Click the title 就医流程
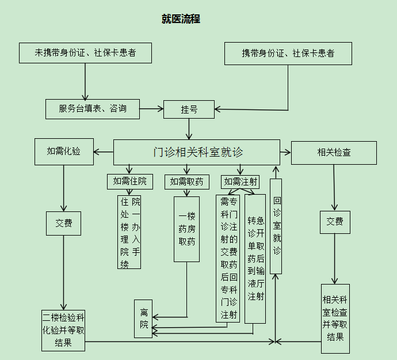click(181, 19)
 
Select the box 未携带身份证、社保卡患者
click(85, 53)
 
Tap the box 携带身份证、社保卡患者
click(288, 54)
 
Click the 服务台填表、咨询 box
click(93, 108)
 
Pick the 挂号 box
click(189, 109)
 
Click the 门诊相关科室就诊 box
click(197, 152)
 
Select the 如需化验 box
click(64, 151)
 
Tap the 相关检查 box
click(334, 153)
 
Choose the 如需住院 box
click(129, 181)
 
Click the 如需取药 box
click(186, 181)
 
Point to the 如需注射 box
click(241, 181)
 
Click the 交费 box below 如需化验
click(64, 223)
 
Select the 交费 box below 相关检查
click(335, 222)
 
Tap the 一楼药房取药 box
click(187, 229)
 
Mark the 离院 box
click(143, 319)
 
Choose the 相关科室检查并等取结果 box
click(335, 318)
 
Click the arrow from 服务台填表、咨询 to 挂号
click(151, 108)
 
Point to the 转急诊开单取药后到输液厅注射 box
click(255, 258)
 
